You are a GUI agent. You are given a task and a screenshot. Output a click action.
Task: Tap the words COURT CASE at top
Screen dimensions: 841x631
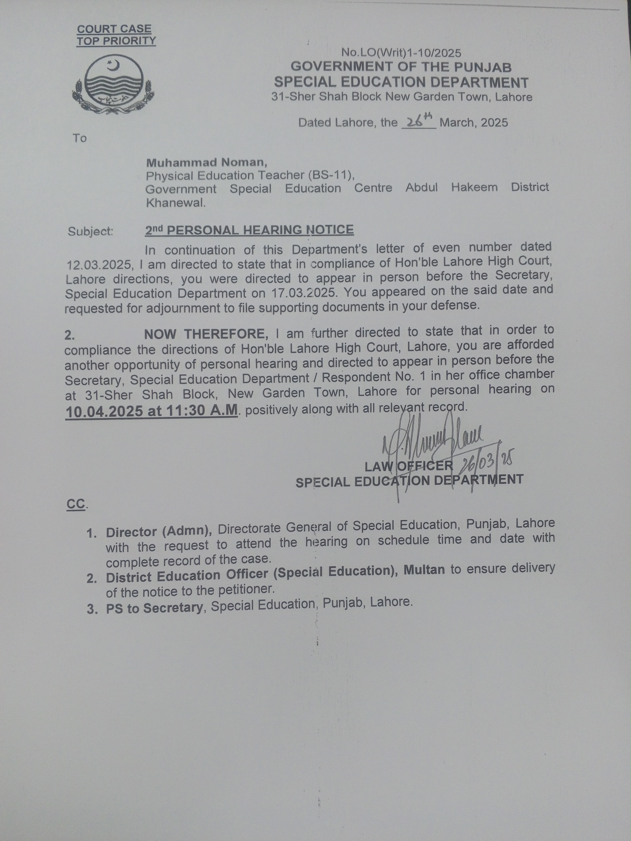pyautogui.click(x=114, y=29)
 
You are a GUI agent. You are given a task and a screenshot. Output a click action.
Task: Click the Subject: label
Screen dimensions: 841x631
pyautogui.click(x=90, y=231)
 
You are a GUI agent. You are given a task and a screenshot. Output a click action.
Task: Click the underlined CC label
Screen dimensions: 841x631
pyautogui.click(x=76, y=504)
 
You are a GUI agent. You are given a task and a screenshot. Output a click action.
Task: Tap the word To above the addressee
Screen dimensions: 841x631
pyautogui.click(x=80, y=138)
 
